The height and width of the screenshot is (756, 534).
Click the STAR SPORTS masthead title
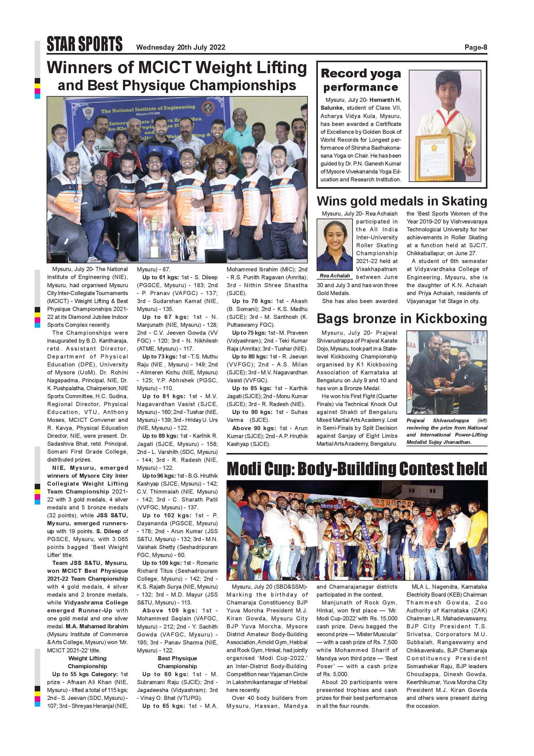[85, 44]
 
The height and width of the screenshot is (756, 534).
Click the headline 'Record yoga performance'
[361, 80]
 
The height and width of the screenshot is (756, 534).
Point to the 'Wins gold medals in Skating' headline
[402, 201]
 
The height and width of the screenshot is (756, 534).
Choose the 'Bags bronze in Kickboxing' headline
[402, 319]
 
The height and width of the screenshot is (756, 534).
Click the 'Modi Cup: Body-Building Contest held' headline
[357, 469]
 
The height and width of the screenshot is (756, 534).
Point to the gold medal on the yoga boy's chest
[445, 131]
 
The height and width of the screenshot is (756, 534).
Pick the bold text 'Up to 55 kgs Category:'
[85, 674]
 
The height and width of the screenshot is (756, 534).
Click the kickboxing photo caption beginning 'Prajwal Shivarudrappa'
[447, 431]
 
